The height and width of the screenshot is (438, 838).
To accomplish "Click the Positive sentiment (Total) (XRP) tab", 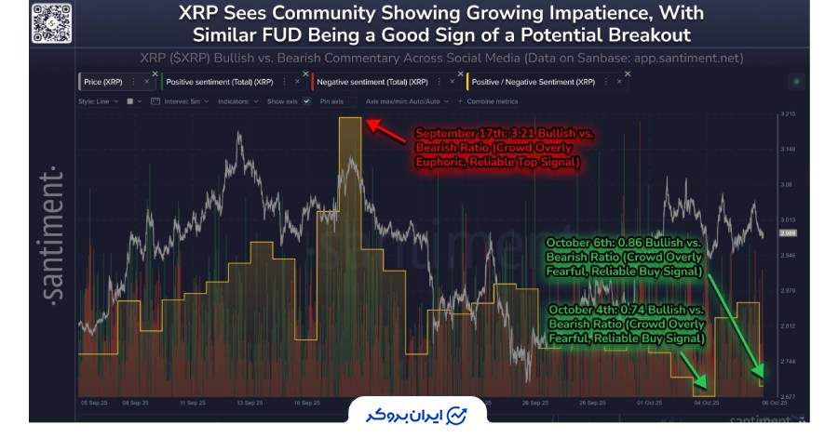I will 209,82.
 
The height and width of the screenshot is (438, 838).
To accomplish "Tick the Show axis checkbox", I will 305,100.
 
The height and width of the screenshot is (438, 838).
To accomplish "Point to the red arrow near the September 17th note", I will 385,131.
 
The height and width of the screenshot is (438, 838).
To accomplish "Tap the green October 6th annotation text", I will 626,256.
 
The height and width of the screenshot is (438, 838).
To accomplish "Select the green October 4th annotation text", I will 627,324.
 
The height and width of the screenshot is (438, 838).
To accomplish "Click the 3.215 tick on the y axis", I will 788,114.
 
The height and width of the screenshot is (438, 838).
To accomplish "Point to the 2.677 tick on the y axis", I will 788,395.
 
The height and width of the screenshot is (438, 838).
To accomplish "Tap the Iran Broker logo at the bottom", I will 418,414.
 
